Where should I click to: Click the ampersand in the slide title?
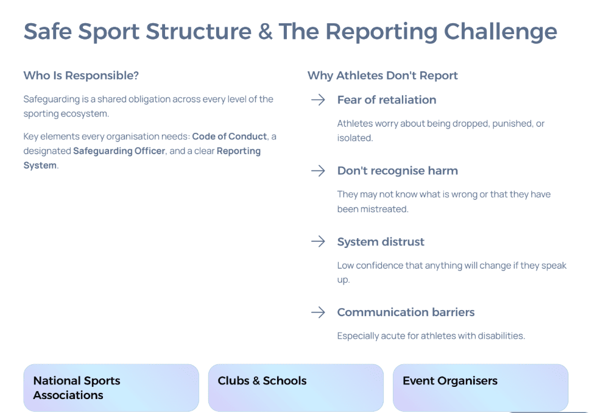[266, 31]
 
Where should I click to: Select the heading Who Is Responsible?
[81, 76]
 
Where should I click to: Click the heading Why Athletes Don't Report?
[382, 76]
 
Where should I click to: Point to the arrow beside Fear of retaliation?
[318, 100]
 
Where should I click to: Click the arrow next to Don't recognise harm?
[318, 171]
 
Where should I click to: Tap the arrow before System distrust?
[318, 241]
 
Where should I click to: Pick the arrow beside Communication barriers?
[318, 312]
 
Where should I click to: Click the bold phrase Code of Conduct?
[230, 136]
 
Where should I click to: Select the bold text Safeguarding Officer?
[119, 151]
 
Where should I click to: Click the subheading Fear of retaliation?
[387, 100]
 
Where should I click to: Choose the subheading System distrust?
[381, 242]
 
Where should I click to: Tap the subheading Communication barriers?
[406, 312]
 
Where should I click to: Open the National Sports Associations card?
[111, 387]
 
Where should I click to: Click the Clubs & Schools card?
[295, 387]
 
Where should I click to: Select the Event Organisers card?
[481, 387]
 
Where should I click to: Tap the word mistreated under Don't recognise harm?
[385, 209]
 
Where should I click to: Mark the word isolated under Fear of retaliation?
[355, 138]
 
